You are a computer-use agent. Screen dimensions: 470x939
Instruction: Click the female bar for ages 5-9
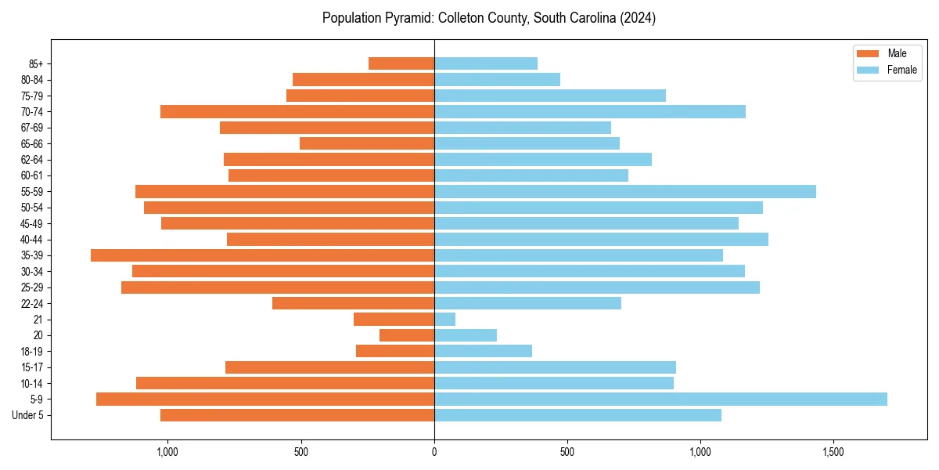point(660,399)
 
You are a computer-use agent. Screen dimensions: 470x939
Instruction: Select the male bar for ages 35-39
point(262,255)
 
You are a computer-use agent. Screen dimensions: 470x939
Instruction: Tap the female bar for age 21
point(444,319)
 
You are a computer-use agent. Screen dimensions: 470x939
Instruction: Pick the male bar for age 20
point(407,335)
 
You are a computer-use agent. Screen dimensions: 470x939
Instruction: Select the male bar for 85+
point(401,63)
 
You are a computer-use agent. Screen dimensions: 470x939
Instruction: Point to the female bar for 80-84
point(497,79)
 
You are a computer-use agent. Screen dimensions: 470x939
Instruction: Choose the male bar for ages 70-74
point(297,111)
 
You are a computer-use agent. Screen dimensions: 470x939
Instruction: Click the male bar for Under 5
point(297,415)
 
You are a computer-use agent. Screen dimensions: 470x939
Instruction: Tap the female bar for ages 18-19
point(483,351)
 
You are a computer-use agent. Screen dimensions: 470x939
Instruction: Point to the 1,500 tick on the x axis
point(833,452)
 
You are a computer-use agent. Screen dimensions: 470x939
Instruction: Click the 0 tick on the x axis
point(434,452)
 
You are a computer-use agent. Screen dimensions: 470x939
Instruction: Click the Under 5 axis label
point(27,415)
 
